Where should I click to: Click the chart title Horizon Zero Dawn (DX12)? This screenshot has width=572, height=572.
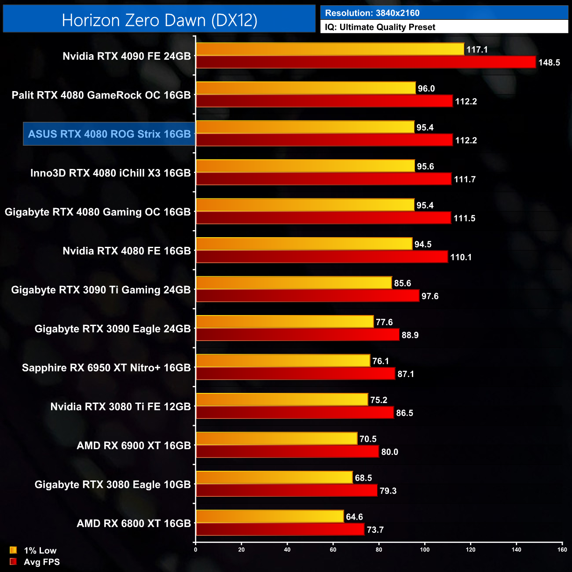[159, 20]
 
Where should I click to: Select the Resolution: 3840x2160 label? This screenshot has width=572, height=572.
[372, 13]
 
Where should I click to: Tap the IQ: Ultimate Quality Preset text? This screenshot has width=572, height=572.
[380, 27]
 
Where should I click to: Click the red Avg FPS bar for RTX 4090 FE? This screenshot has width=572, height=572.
[366, 62]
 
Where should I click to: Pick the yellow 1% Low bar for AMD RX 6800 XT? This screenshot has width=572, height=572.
[270, 517]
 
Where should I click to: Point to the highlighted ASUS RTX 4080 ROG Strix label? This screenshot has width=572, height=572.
[109, 134]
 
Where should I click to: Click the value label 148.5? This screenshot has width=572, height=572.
[549, 62]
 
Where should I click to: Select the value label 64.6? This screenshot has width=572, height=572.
[354, 517]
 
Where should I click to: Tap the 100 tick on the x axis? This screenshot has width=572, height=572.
[425, 550]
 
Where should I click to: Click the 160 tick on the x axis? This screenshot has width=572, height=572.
[562, 550]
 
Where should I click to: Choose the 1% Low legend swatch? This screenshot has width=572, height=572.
[13, 550]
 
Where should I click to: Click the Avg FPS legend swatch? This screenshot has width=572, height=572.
[13, 561]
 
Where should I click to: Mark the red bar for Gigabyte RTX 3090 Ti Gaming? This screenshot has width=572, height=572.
[308, 296]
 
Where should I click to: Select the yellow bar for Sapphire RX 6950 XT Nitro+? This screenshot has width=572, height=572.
[283, 361]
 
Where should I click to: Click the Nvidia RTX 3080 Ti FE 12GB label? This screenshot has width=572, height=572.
[121, 407]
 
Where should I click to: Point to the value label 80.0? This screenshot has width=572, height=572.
[389, 452]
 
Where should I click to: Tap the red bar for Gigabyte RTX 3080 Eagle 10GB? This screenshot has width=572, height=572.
[286, 491]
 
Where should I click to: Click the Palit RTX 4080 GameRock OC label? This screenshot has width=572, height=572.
[101, 95]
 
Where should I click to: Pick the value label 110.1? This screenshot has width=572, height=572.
[461, 257]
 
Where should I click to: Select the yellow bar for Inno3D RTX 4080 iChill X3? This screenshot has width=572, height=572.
[305, 166]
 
